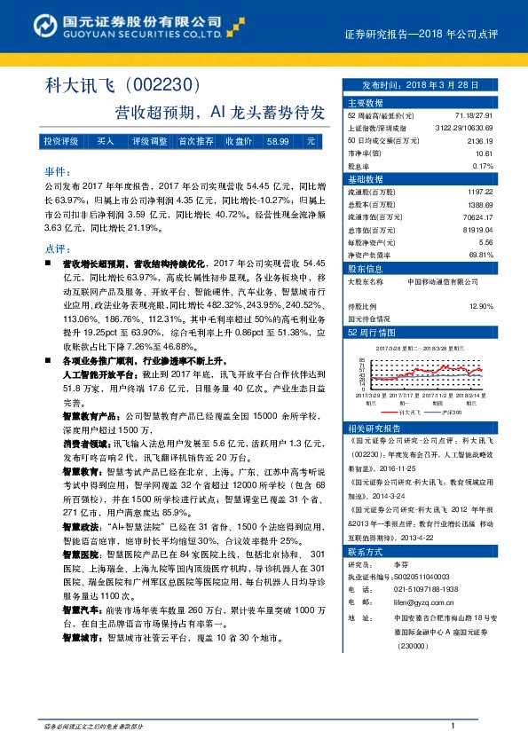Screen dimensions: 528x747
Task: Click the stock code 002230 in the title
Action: click(x=166, y=86)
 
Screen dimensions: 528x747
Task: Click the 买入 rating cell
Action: click(x=106, y=142)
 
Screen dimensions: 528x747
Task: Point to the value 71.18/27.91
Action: click(x=474, y=116)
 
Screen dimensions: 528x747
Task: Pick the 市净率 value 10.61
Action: click(x=485, y=153)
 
